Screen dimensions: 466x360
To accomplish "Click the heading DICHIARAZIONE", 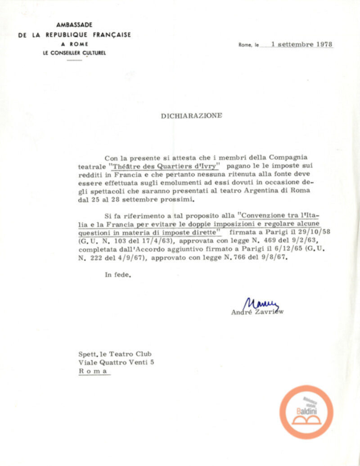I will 191,116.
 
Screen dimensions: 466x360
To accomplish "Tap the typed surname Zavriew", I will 270,311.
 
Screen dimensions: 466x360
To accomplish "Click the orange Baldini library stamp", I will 306,412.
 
